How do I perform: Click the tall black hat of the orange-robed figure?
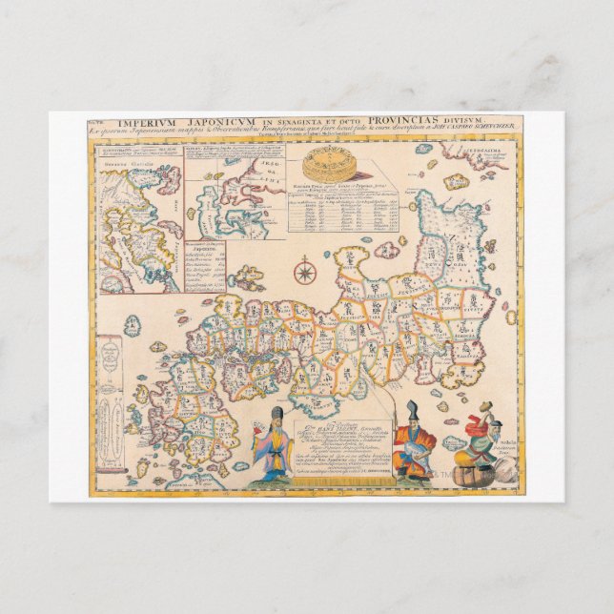(412, 413)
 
